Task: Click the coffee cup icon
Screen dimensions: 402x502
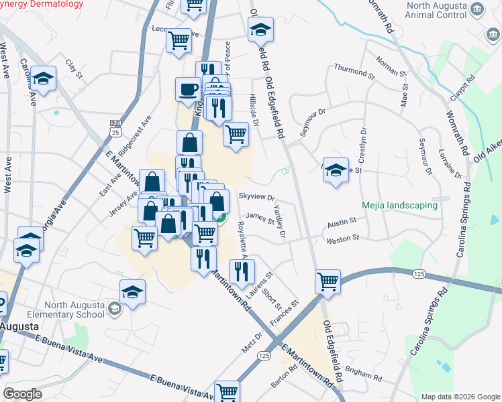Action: (x=188, y=89)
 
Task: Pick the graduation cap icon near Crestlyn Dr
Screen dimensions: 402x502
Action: (x=335, y=170)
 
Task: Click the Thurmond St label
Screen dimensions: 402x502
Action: (x=354, y=71)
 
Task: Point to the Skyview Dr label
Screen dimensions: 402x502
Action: (x=257, y=198)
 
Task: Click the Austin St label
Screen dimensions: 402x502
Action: (x=342, y=222)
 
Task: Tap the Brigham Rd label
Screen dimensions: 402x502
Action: (x=365, y=374)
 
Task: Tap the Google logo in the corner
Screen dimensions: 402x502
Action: (x=23, y=394)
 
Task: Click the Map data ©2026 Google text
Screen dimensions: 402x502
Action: (x=461, y=397)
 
